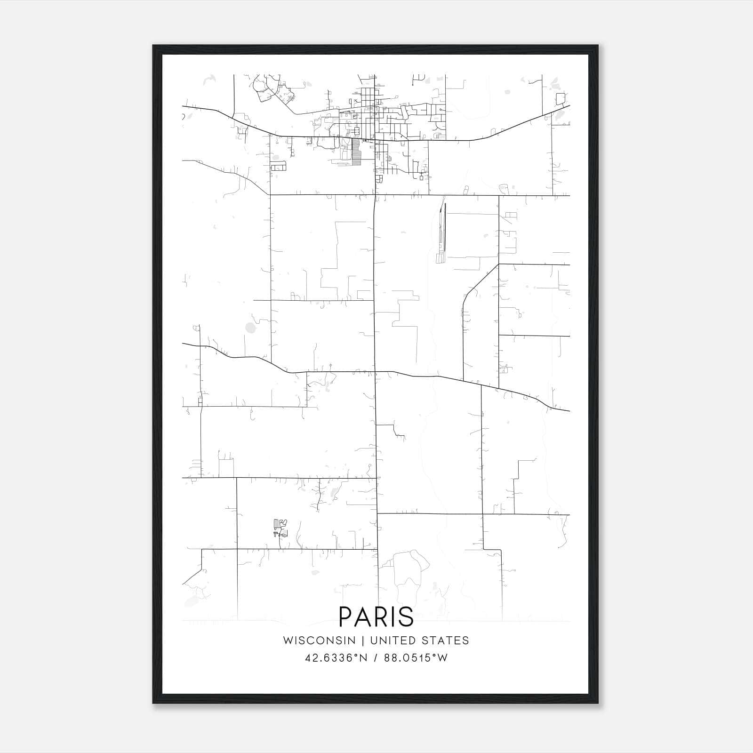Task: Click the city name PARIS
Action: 376,617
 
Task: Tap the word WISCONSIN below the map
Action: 319,641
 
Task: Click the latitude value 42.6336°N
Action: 336,658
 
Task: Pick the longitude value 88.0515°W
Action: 416,658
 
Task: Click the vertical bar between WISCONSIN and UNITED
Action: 363,641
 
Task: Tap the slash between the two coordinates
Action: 376,658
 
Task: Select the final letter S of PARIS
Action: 407,617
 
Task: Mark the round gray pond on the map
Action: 251,328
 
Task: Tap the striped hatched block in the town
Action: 356,152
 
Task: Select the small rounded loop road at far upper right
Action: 560,99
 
